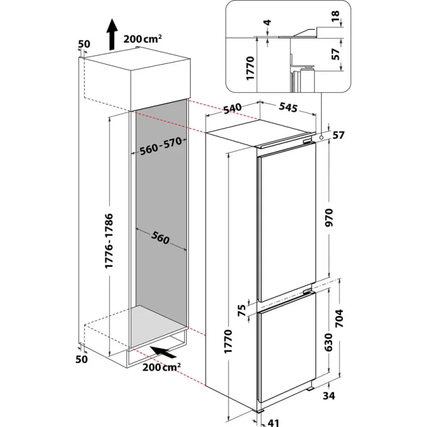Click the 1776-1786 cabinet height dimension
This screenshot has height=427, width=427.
point(109,241)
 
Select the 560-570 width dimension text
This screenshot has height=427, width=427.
point(161,146)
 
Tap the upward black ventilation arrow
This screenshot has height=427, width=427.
point(112,34)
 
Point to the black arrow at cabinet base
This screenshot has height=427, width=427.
point(163,352)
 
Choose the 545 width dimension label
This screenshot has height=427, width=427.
point(288,107)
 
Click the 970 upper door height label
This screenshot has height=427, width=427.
point(329,218)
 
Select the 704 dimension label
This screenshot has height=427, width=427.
point(339,318)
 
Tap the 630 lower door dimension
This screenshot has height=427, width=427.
point(329,342)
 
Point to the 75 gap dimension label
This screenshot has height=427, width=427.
point(242,311)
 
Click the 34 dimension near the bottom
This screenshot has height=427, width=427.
point(329,396)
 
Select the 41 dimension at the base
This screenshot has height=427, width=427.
point(273,423)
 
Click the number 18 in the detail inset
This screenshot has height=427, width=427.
point(336,17)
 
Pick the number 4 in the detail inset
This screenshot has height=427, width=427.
point(268,22)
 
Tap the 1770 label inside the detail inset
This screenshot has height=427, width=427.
point(250,68)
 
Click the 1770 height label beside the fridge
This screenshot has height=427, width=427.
point(228,342)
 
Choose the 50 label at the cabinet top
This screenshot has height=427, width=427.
point(84,44)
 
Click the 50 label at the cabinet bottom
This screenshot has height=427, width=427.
point(82,359)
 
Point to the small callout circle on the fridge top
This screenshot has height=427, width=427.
point(321,138)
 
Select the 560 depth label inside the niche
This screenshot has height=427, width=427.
point(161,238)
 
